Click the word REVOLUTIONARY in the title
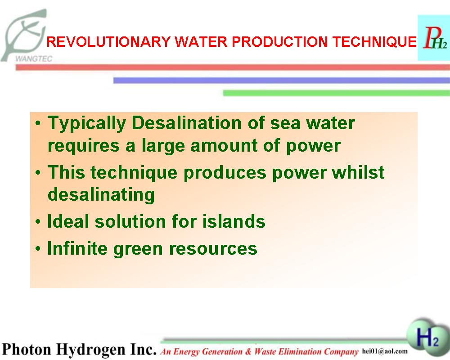pyautogui.click(x=108, y=42)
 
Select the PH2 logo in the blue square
pyautogui.click(x=434, y=38)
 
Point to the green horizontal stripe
pyautogui.click(x=336, y=93)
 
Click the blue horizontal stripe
pyautogui.click(x=282, y=81)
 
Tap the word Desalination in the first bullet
pyautogui.click(x=187, y=123)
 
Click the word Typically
pyautogui.click(x=87, y=124)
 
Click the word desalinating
pyautogui.click(x=101, y=195)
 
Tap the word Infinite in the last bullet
pyautogui.click(x=77, y=248)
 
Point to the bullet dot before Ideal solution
pyautogui.click(x=38, y=222)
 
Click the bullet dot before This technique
pyautogui.click(x=38, y=173)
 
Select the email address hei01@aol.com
pyautogui.click(x=385, y=351)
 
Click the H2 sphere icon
pyautogui.click(x=427, y=337)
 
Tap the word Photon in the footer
pyautogui.click(x=27, y=349)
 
